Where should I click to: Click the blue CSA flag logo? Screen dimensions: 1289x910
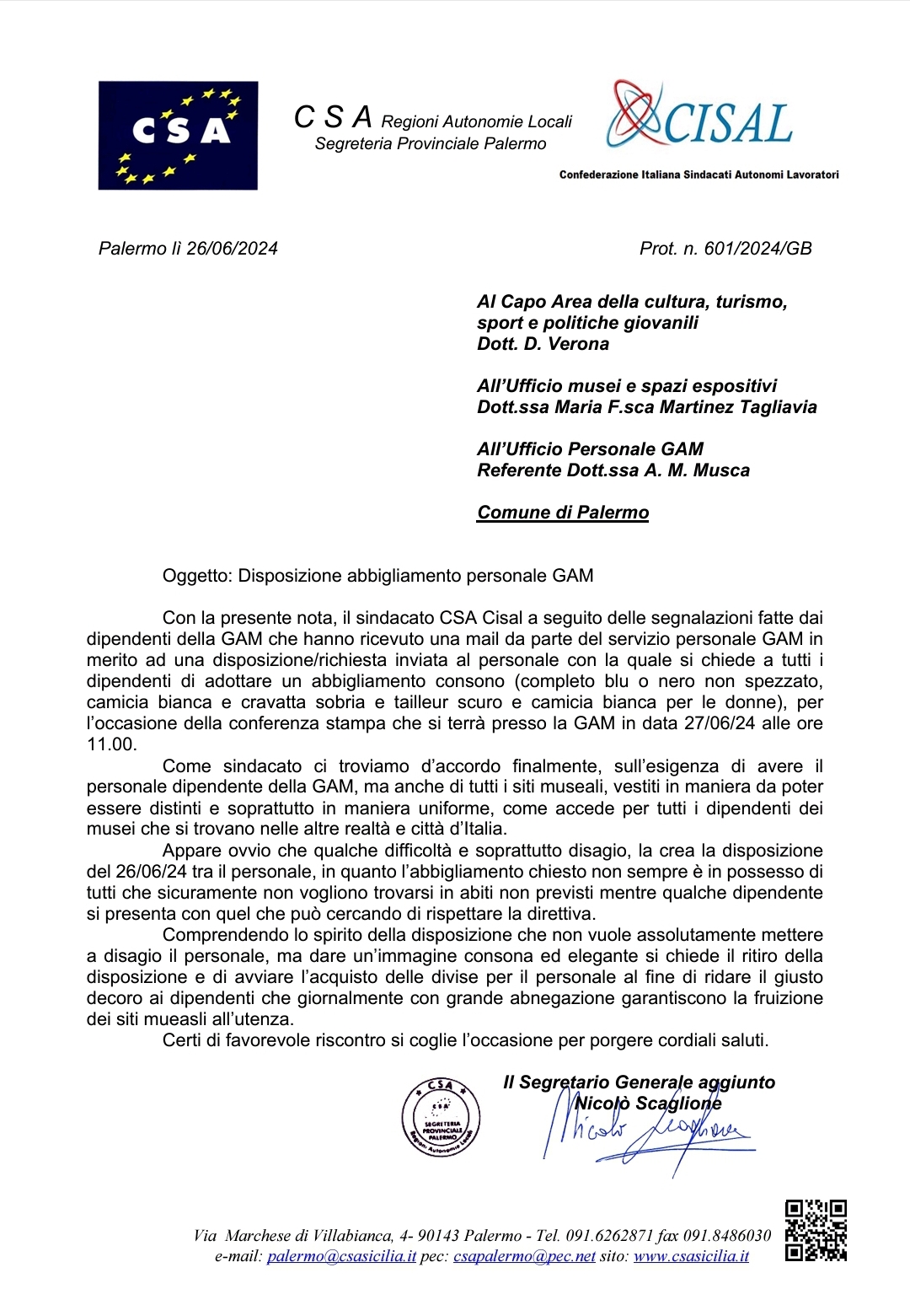(178, 135)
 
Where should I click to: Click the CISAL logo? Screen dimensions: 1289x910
(699, 118)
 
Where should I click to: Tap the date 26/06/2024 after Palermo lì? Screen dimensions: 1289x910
(233, 249)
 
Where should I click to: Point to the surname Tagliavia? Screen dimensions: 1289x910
(778, 407)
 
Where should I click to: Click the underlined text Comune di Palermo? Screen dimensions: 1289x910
(563, 513)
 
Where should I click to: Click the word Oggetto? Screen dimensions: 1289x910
(195, 576)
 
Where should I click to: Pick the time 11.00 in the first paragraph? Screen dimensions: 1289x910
(110, 744)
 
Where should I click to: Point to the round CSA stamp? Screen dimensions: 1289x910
(441, 1117)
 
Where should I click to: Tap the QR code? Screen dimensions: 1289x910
(816, 1230)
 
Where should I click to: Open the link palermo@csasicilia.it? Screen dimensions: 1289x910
(341, 1256)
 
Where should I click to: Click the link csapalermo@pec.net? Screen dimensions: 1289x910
(524, 1256)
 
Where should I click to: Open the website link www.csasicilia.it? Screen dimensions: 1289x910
(691, 1256)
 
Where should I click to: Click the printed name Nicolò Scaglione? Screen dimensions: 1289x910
(647, 1104)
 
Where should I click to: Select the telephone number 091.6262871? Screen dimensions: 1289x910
(609, 1236)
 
